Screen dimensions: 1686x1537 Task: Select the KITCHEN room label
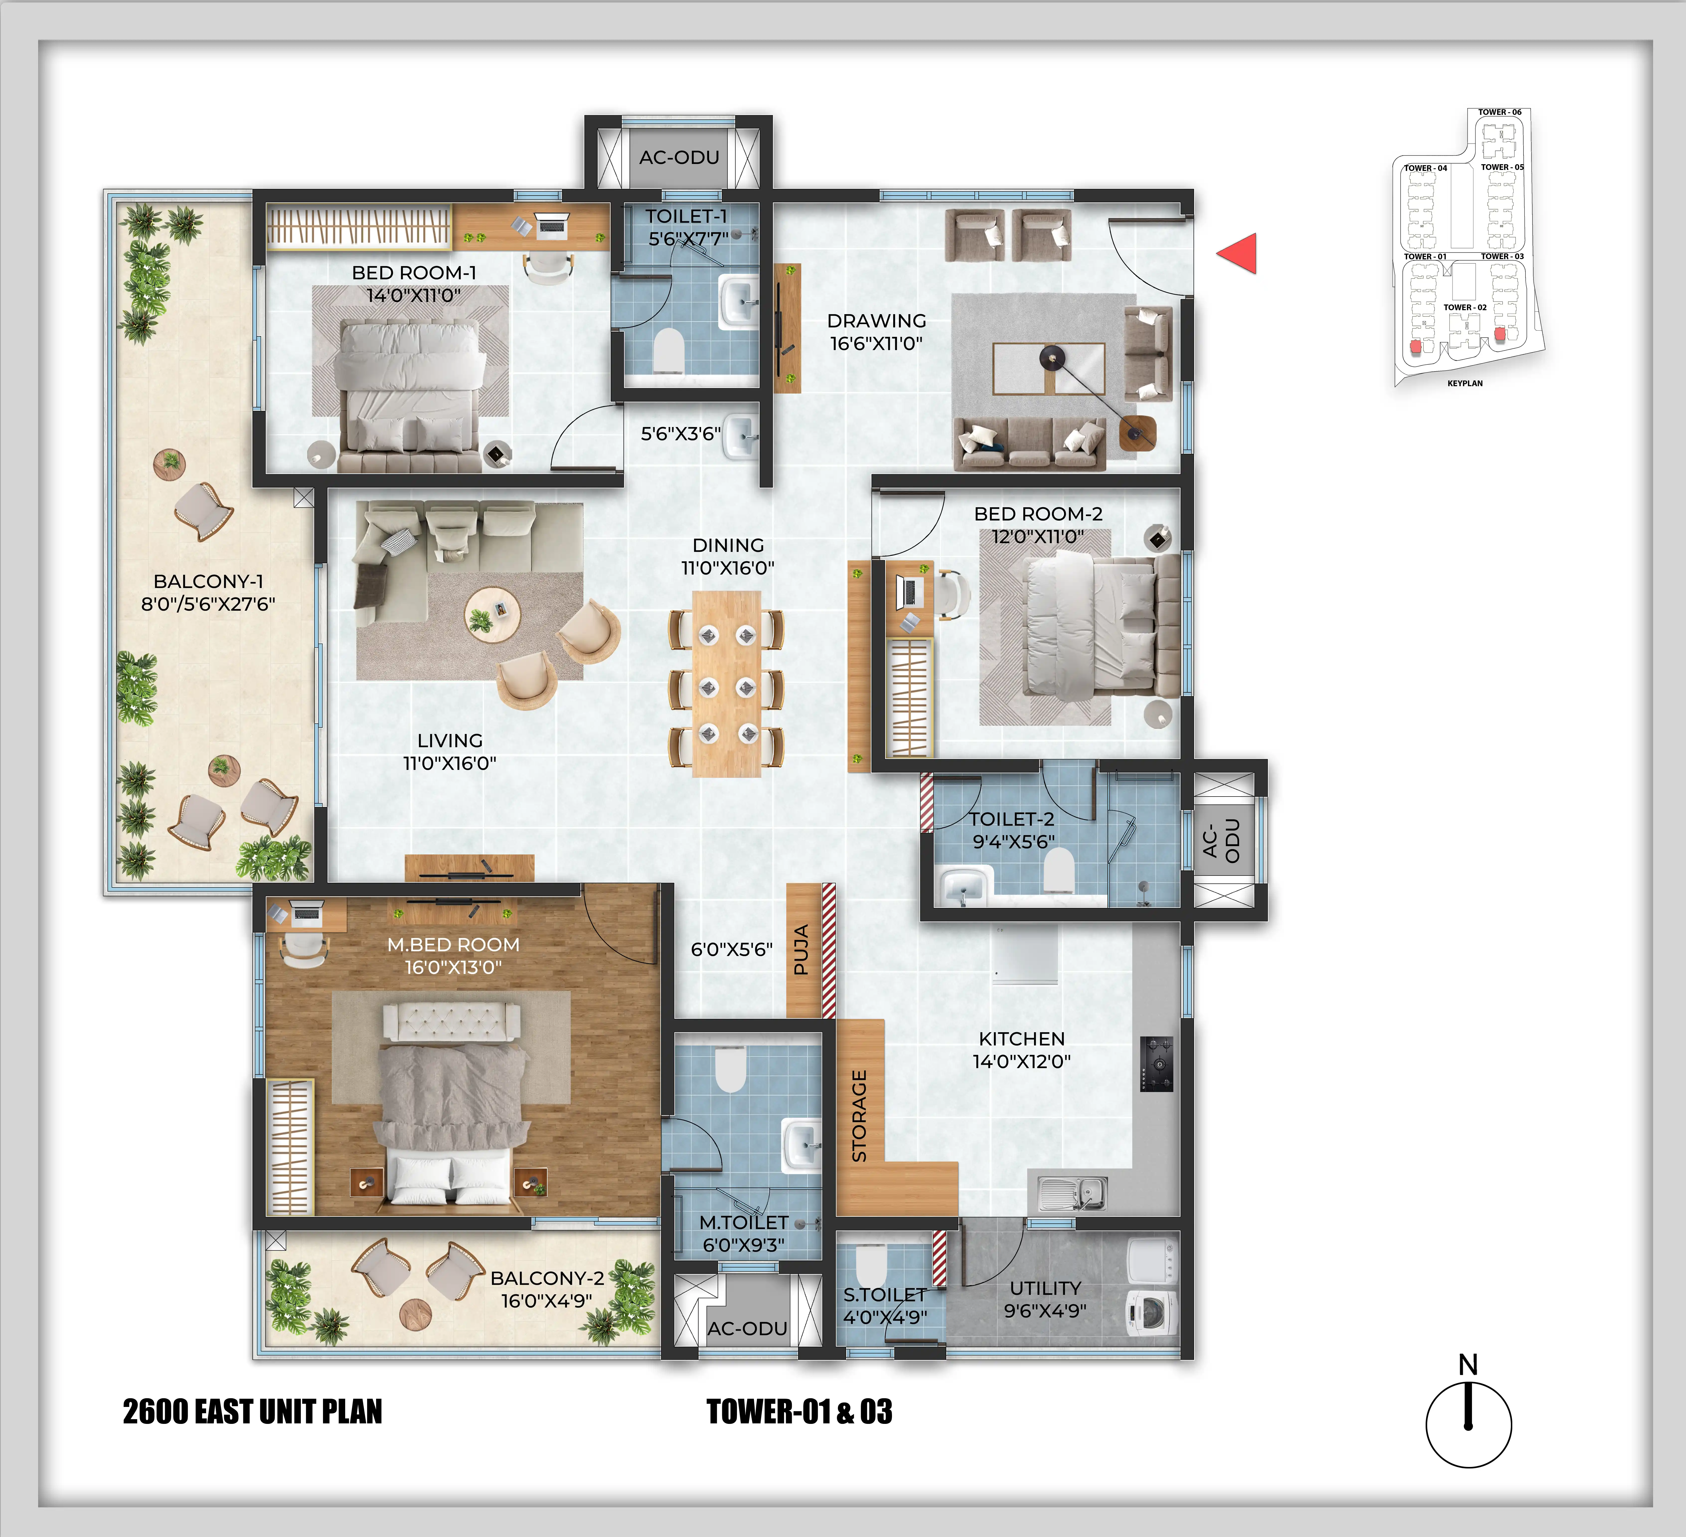(x=1022, y=1039)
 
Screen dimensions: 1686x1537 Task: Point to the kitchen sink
(x=1073, y=1192)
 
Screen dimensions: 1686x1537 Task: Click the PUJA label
(x=801, y=950)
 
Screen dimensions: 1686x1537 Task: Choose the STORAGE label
(x=859, y=1116)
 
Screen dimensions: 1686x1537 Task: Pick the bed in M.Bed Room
(x=452, y=1112)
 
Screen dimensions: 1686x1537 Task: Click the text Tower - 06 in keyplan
(x=1500, y=112)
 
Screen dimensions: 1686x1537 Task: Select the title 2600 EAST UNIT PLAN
(x=252, y=1412)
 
